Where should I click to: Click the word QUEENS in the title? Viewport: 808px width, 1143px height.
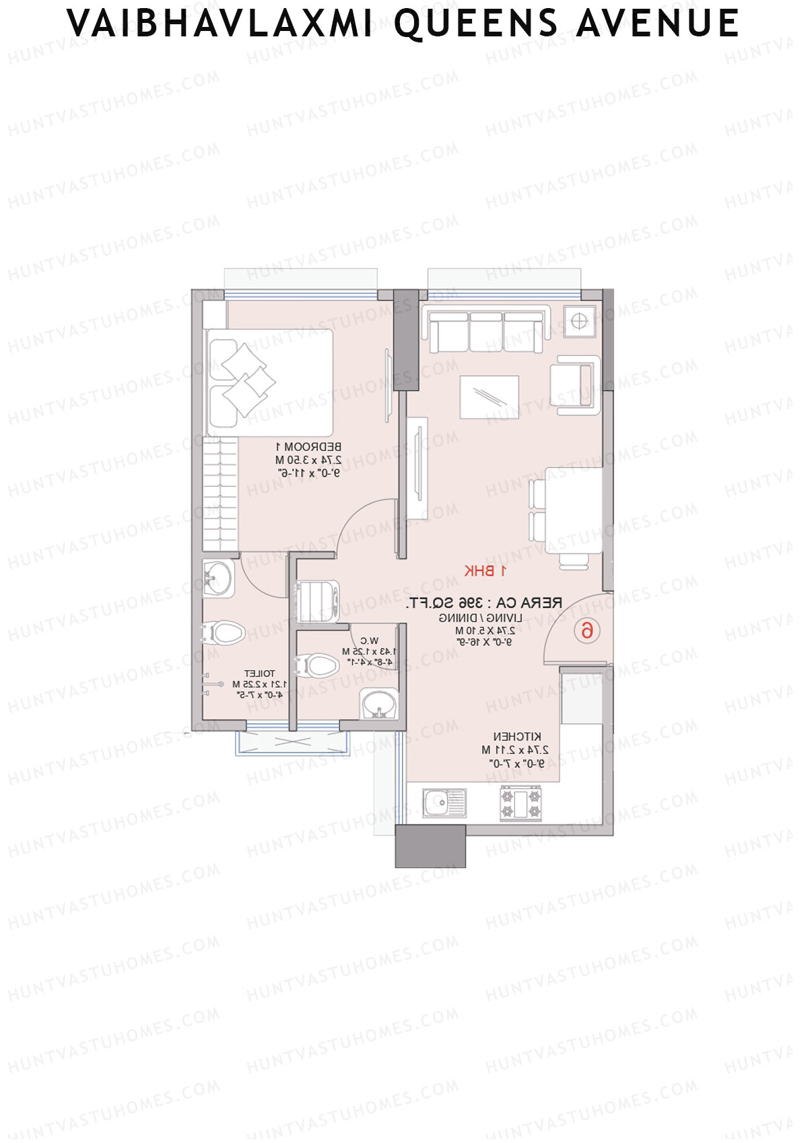coord(475,24)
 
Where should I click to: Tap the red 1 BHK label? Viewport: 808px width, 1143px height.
coord(484,571)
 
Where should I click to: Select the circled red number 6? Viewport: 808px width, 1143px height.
coord(587,630)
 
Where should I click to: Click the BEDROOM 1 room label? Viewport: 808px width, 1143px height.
coord(308,447)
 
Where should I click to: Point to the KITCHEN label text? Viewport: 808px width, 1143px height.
coord(517,737)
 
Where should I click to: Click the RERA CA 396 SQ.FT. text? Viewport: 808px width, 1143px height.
coord(484,603)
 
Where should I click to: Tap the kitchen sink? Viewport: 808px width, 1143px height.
coord(444,803)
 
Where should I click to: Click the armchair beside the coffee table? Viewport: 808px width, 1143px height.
coord(575,385)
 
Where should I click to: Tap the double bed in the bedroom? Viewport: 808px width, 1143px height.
coord(269,383)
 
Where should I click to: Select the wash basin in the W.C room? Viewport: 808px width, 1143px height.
coord(379,705)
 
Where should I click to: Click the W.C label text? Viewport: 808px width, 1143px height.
coord(369,641)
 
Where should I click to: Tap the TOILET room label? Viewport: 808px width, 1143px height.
coord(259,674)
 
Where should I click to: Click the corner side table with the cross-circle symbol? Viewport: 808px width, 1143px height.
coord(579,321)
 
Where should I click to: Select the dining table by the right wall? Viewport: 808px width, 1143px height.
coord(574,510)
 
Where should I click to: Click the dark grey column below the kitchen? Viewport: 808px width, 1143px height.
coord(430,846)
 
